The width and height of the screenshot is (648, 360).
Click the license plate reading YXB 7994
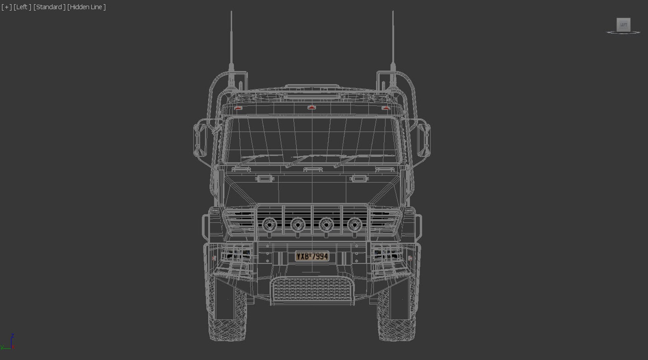(x=312, y=256)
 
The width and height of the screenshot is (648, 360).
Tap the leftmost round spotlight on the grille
(x=269, y=224)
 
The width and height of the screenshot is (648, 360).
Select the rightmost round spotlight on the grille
(x=354, y=224)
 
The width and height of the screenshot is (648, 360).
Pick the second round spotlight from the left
(x=298, y=224)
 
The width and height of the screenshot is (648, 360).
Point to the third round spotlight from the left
(x=326, y=224)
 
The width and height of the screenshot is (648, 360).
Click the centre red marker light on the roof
(x=312, y=107)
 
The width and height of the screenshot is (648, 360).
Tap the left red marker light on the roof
(x=238, y=108)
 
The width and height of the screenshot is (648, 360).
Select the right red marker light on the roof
(x=385, y=108)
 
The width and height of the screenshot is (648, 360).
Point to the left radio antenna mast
(x=231, y=44)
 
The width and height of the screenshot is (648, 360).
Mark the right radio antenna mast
(x=393, y=44)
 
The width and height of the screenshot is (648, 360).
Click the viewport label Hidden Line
(x=86, y=7)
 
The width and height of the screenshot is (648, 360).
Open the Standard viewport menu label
(x=49, y=7)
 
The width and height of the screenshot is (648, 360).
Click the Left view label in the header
(x=22, y=7)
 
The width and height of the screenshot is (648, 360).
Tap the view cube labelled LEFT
(x=623, y=25)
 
